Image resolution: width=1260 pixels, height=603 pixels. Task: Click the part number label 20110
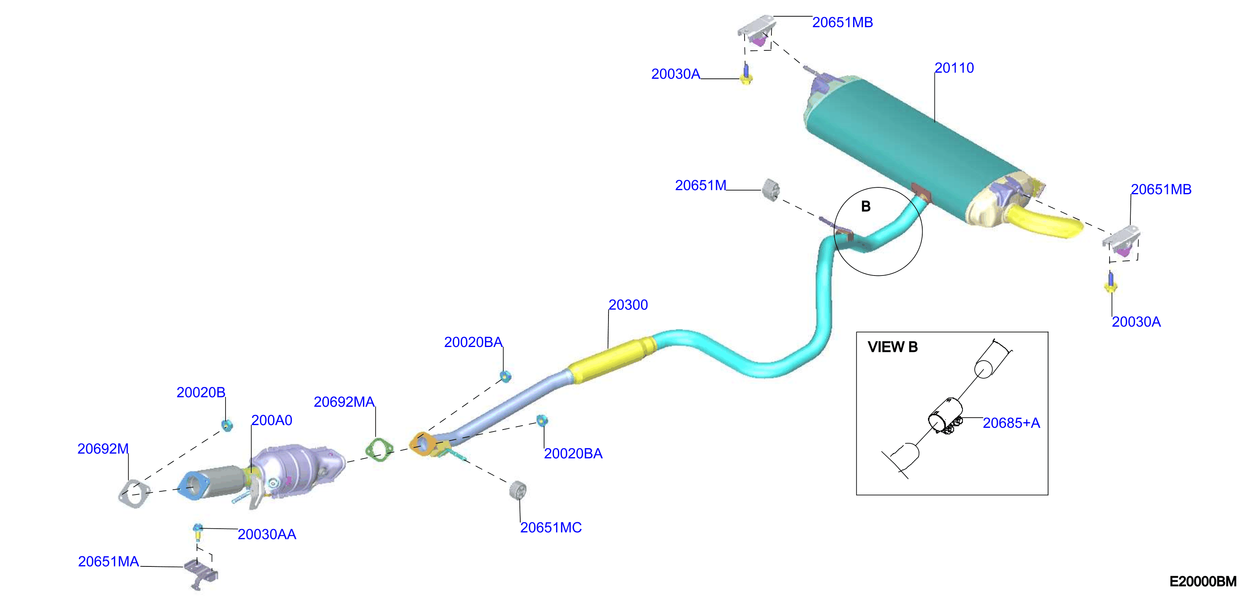tap(954, 68)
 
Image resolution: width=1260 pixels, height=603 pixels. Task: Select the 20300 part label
tap(628, 305)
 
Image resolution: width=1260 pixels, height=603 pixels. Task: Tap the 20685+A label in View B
tap(1012, 423)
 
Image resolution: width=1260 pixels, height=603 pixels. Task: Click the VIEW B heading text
tap(893, 347)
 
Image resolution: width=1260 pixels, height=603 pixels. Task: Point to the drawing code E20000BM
tap(1203, 581)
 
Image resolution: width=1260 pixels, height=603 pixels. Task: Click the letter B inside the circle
tap(866, 207)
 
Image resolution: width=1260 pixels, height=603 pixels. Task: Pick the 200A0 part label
tap(272, 421)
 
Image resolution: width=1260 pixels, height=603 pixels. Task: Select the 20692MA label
tap(344, 402)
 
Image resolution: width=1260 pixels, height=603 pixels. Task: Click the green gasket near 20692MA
tap(379, 449)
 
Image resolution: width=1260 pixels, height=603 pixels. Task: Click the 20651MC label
tap(551, 528)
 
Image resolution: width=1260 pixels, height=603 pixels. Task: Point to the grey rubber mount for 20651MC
tap(517, 490)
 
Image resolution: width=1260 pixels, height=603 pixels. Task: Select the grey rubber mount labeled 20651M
tap(771, 189)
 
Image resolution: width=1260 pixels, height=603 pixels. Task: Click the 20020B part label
tap(201, 393)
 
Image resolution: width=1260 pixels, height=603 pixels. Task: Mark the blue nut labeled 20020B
tap(226, 425)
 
